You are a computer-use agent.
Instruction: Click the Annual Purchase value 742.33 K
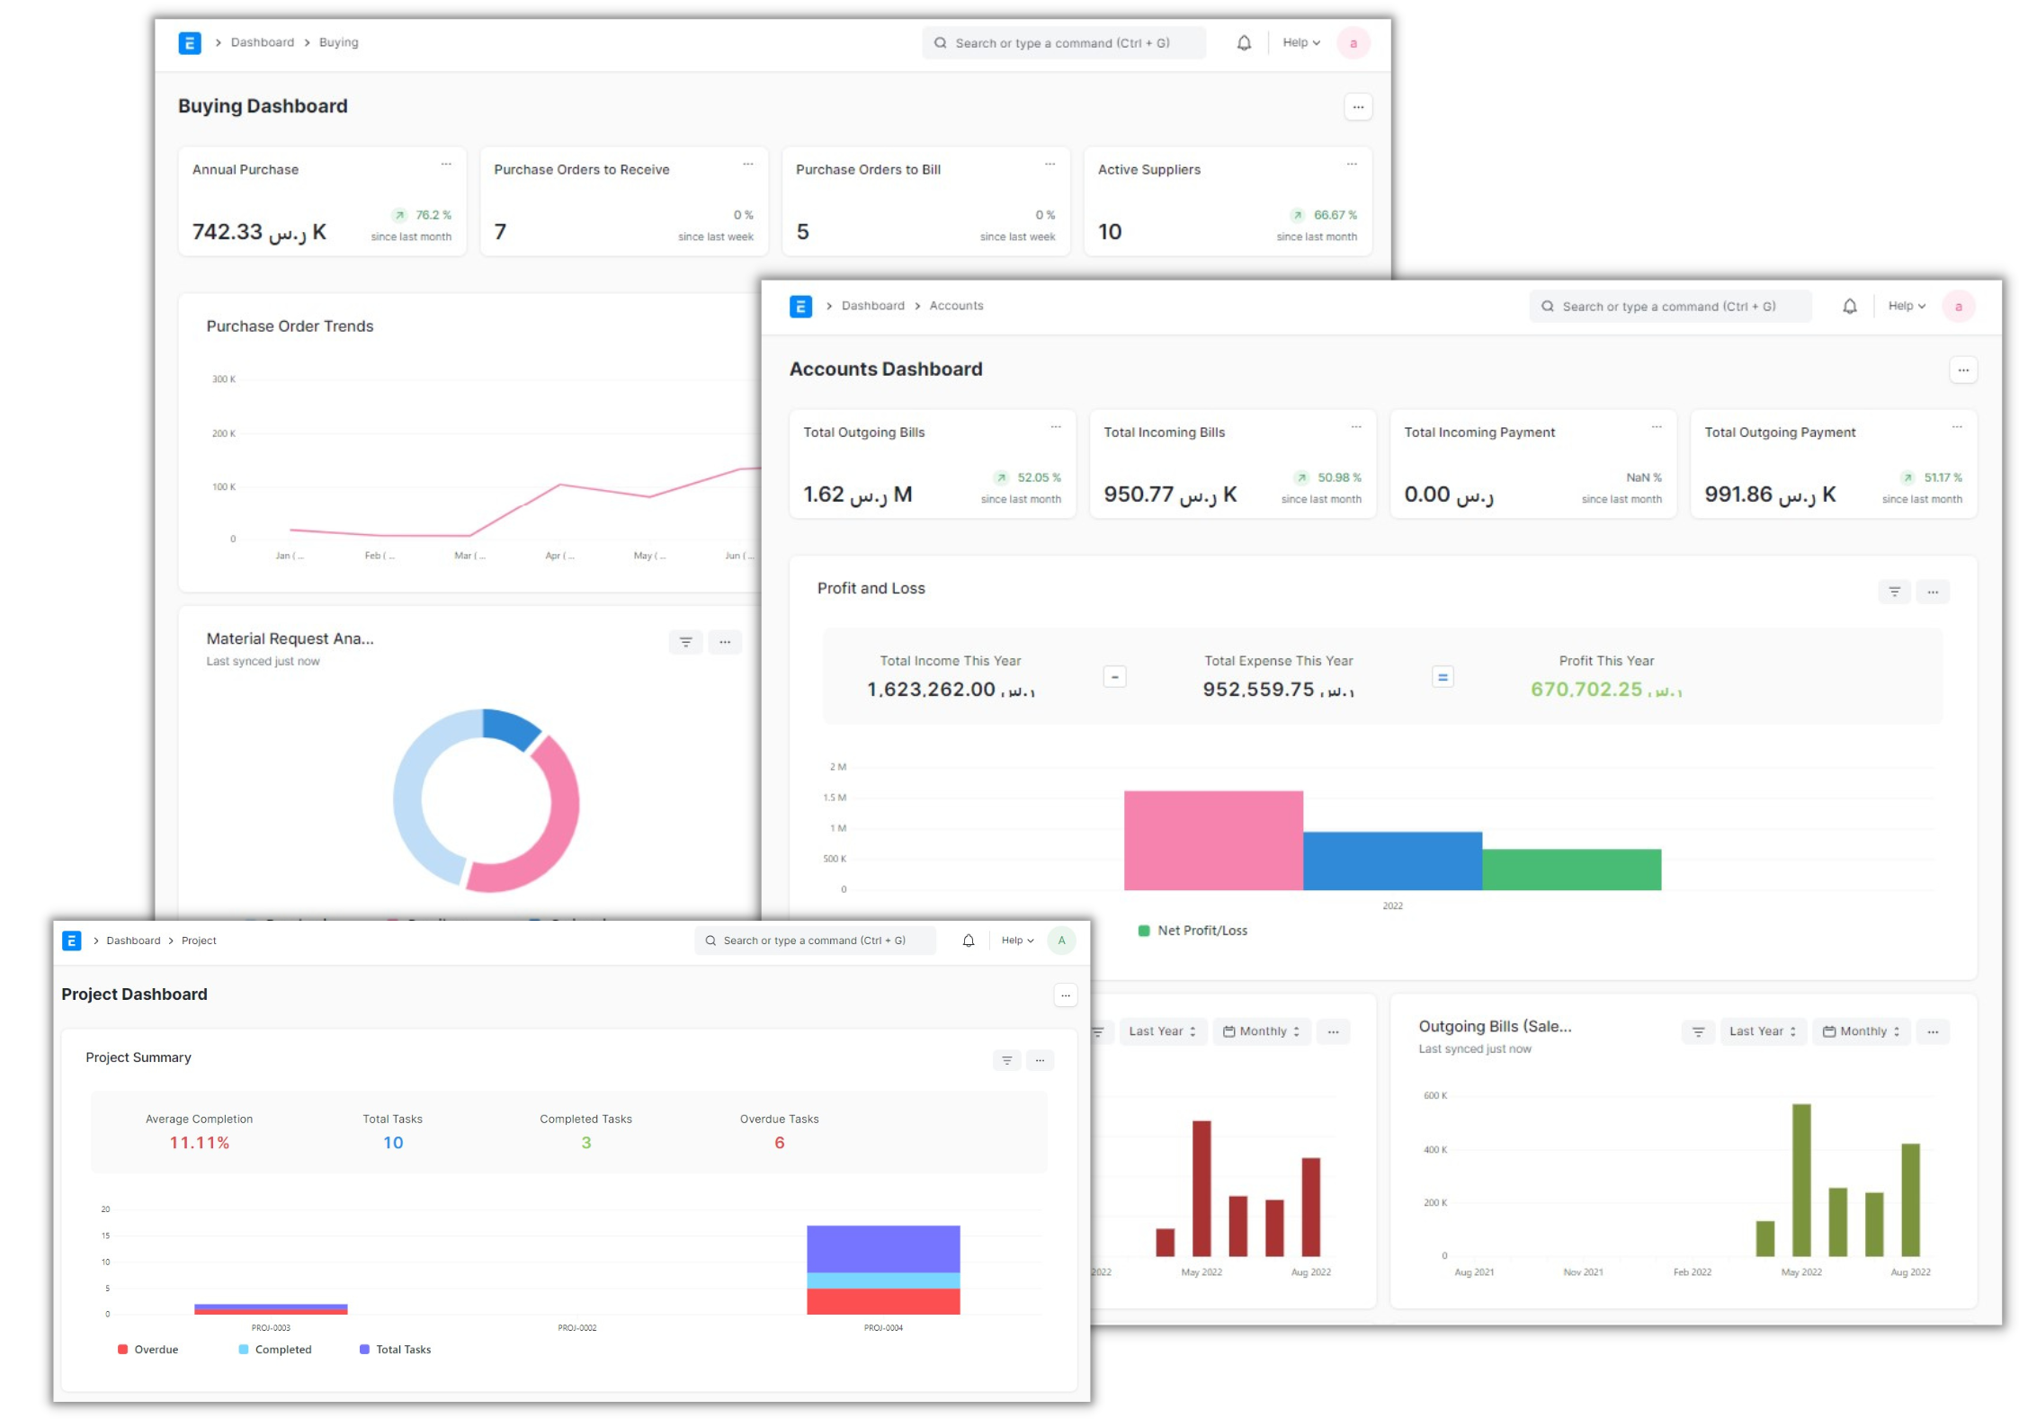tap(259, 232)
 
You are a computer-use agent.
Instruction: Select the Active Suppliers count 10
tap(1110, 232)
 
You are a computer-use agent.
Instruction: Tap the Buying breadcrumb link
tap(338, 42)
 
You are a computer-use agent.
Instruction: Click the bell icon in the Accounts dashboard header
tap(1849, 307)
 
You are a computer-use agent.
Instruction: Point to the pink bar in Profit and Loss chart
tap(1212, 840)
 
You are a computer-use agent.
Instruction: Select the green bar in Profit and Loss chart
tap(1571, 870)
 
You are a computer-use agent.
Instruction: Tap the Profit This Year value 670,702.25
tap(1605, 690)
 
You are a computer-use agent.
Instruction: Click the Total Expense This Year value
tap(1278, 690)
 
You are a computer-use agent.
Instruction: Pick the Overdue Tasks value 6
tap(779, 1143)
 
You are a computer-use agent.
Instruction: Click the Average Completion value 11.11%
tap(200, 1143)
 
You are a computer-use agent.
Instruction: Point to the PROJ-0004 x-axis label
tap(883, 1328)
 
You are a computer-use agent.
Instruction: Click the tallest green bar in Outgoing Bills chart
tap(1801, 1179)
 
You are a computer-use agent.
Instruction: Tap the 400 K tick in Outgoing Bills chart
tap(1435, 1150)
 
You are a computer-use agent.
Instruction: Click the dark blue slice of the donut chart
tap(510, 728)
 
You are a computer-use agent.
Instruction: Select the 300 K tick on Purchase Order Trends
tap(224, 379)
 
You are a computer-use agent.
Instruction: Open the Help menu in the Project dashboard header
tap(1017, 941)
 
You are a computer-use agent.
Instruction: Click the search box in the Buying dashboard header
tap(1063, 43)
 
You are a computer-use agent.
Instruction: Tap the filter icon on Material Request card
tap(685, 642)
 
